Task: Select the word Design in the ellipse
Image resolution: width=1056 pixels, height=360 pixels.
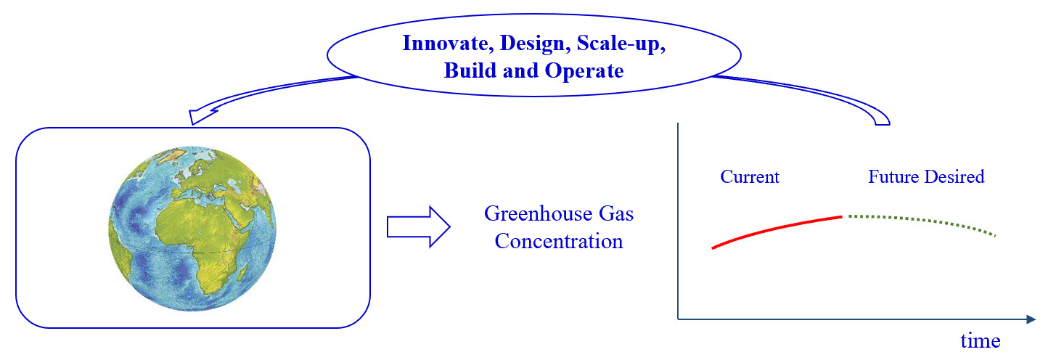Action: pyautogui.click(x=533, y=43)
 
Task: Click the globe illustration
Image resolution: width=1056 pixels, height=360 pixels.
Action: pyautogui.click(x=193, y=228)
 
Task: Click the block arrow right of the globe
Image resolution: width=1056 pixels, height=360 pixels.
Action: pyautogui.click(x=418, y=227)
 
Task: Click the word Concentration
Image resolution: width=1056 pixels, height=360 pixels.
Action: pyautogui.click(x=559, y=241)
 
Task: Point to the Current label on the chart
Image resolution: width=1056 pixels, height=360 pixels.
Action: pyautogui.click(x=750, y=176)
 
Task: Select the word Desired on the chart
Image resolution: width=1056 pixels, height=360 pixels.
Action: pyautogui.click(x=956, y=176)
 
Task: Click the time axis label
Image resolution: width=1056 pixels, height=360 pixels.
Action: pyautogui.click(x=981, y=340)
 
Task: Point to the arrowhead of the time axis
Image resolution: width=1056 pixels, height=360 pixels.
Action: pyautogui.click(x=1029, y=319)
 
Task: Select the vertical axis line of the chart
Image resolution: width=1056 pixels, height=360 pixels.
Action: pyautogui.click(x=677, y=218)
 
